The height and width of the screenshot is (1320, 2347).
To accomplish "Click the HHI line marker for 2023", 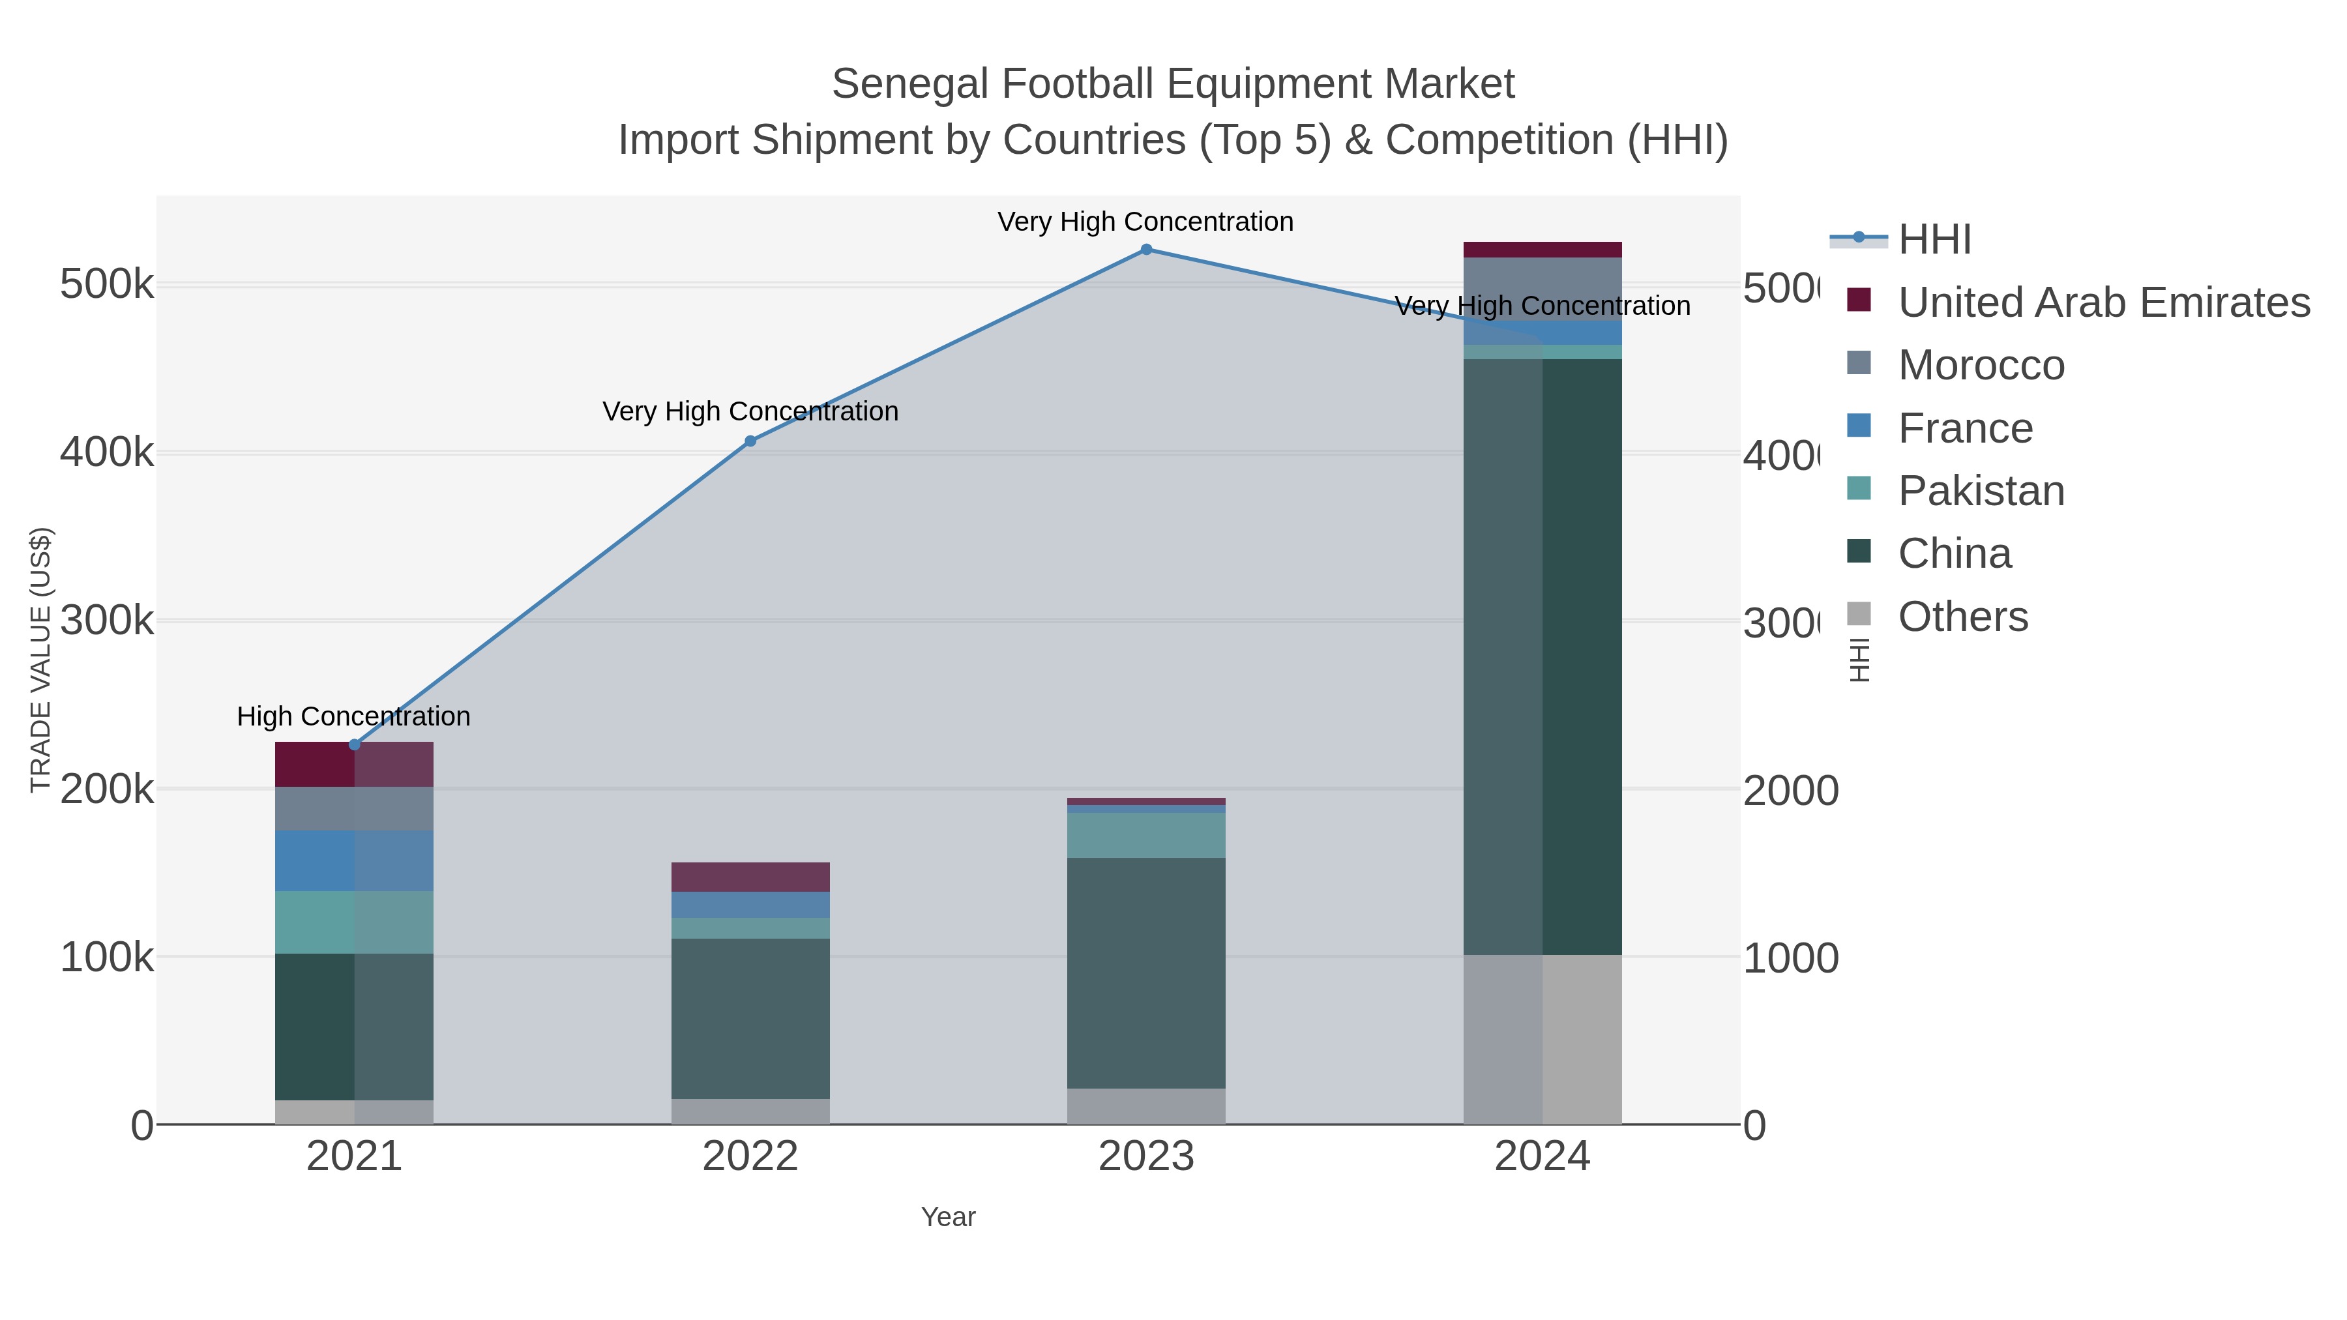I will point(1146,250).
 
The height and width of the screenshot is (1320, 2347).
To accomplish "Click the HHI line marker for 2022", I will point(751,441).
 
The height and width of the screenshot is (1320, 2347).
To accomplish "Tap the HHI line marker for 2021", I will point(355,744).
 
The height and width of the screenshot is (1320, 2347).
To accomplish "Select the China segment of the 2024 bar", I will point(1542,656).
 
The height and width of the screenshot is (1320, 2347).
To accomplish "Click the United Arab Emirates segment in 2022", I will point(751,876).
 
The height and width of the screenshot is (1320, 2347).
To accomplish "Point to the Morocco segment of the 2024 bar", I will point(1542,288).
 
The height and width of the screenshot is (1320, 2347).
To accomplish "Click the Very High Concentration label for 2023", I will point(1145,222).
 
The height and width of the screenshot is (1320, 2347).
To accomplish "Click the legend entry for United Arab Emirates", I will point(2103,302).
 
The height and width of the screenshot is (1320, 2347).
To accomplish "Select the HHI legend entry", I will point(1934,240).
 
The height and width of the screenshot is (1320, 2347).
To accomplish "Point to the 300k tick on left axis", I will point(107,621).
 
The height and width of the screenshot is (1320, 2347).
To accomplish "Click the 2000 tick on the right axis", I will point(1790,790).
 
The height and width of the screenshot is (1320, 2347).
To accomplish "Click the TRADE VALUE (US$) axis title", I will point(41,660).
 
